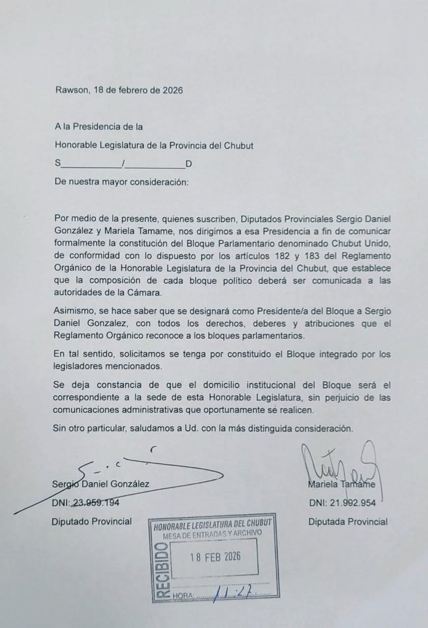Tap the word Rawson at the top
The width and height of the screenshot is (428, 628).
(70, 90)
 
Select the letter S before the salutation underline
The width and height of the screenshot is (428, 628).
(57, 164)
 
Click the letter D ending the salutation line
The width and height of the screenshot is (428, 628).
(188, 164)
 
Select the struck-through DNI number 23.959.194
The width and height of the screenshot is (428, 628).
(96, 502)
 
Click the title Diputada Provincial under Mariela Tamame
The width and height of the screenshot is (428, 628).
(348, 522)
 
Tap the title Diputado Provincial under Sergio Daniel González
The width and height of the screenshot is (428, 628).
(92, 522)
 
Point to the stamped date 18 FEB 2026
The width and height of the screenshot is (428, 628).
(215, 557)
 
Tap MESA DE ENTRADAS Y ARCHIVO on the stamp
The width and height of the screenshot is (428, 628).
(212, 534)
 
